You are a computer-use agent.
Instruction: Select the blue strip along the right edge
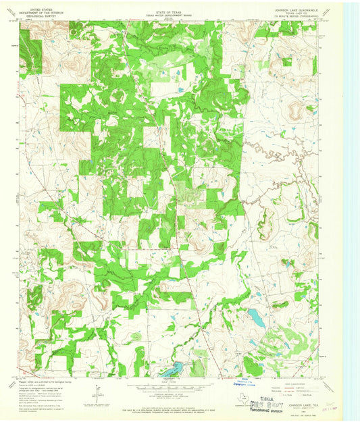352,203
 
